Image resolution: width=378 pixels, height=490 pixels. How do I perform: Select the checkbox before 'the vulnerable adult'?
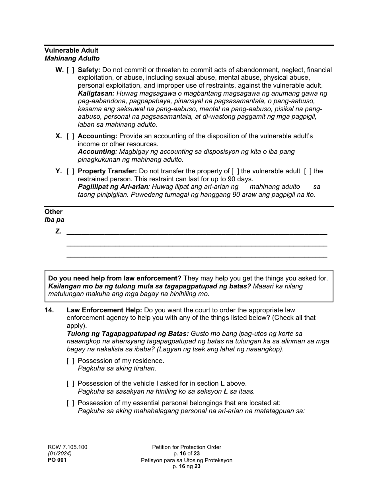click(235, 171)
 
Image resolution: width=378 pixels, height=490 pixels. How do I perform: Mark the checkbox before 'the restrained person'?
click(308, 171)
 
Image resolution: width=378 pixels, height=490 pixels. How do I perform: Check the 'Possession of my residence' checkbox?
click(70, 361)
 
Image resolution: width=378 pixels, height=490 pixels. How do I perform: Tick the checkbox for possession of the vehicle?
click(70, 384)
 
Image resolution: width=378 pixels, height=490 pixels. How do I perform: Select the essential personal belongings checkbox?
click(70, 403)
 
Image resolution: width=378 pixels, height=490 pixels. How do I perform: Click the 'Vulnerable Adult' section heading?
click(71, 51)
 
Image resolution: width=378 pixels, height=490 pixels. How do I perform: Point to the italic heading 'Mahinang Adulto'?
click(72, 59)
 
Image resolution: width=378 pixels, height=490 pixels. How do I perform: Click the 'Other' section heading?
click(53, 212)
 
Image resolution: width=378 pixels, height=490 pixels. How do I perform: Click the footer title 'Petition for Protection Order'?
click(186, 447)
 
